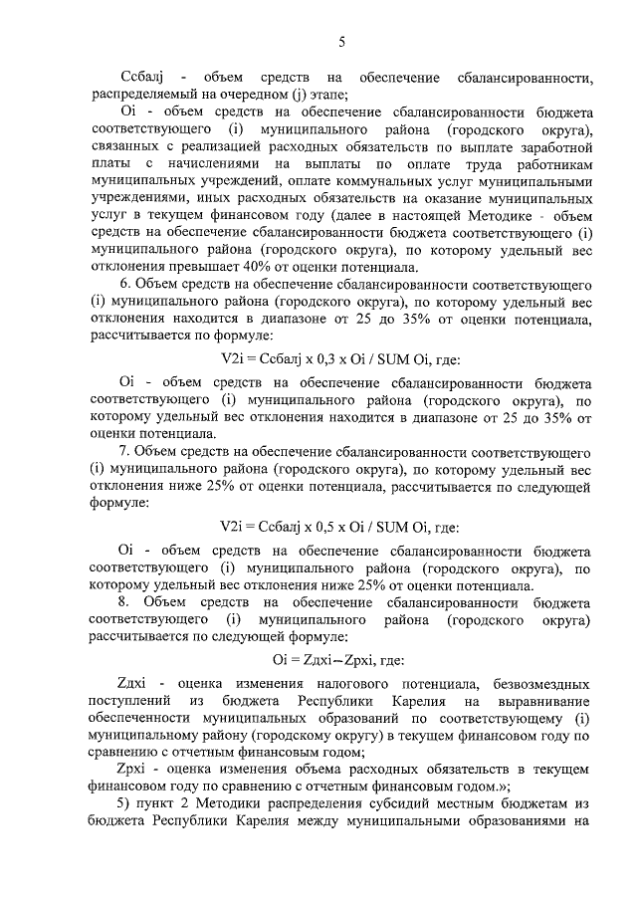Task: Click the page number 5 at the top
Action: tap(341, 42)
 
